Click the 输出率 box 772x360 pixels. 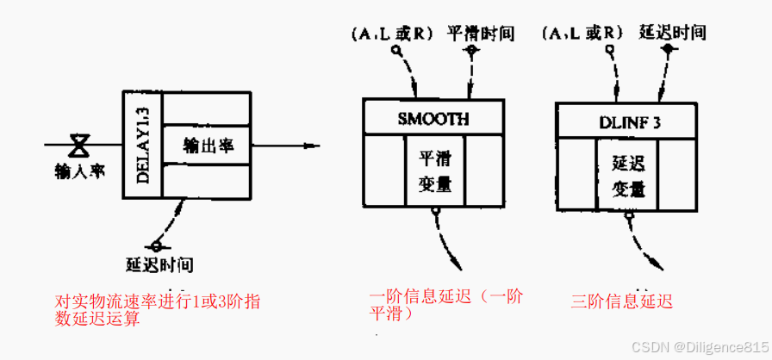pyautogui.click(x=207, y=145)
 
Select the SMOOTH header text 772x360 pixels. pyautogui.click(x=433, y=119)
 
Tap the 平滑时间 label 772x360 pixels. pyautogui.click(x=481, y=34)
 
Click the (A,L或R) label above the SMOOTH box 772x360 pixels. pyautogui.click(x=393, y=34)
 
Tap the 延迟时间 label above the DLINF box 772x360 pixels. pyautogui.click(x=673, y=34)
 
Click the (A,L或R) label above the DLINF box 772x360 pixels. pyautogui.click(x=583, y=34)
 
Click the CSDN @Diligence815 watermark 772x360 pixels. pyautogui.click(x=700, y=345)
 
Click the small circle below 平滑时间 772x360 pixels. pyautogui.click(x=470, y=51)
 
